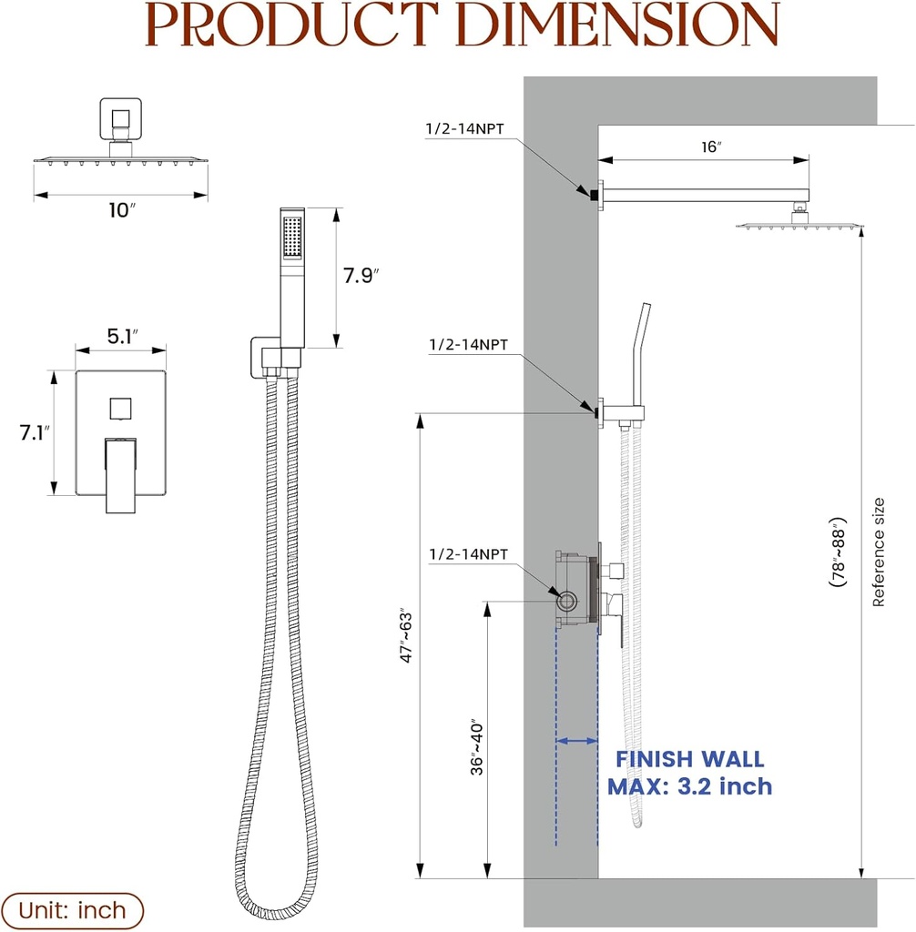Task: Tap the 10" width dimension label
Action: [x=121, y=210]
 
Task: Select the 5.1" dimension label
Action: [x=122, y=336]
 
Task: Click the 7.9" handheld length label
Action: [x=361, y=276]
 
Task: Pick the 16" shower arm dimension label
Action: [x=712, y=146]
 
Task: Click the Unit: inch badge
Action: [x=72, y=910]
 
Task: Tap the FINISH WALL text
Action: [x=690, y=759]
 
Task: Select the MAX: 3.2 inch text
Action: [x=690, y=785]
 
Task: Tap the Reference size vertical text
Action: [x=879, y=552]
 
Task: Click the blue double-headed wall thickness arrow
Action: [x=576, y=742]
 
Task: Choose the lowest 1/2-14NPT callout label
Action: [x=467, y=553]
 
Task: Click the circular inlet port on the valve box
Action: [x=568, y=601]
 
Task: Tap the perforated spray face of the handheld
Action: [x=291, y=238]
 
